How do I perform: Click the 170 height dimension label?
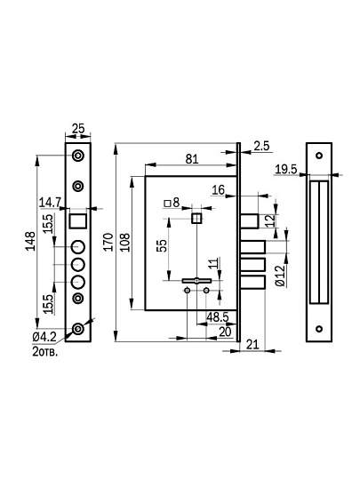click(x=108, y=242)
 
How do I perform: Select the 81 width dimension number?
click(x=192, y=159)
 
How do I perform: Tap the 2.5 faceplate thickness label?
click(x=261, y=147)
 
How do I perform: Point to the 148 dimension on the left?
click(x=30, y=242)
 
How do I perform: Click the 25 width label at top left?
click(x=78, y=128)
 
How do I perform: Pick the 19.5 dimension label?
click(x=285, y=169)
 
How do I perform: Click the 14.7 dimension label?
click(x=50, y=203)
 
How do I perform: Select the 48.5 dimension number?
click(x=218, y=317)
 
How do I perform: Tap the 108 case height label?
click(x=125, y=242)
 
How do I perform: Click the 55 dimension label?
click(x=162, y=245)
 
